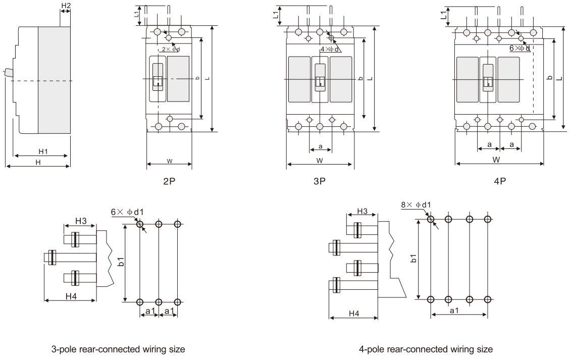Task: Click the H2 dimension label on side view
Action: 66,5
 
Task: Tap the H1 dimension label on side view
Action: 42,151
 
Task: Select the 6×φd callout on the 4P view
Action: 520,48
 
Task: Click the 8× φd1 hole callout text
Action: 416,204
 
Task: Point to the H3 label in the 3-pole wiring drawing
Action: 81,221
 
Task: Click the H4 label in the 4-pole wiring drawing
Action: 353,314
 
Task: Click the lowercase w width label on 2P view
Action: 169,161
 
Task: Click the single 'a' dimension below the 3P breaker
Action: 320,146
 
